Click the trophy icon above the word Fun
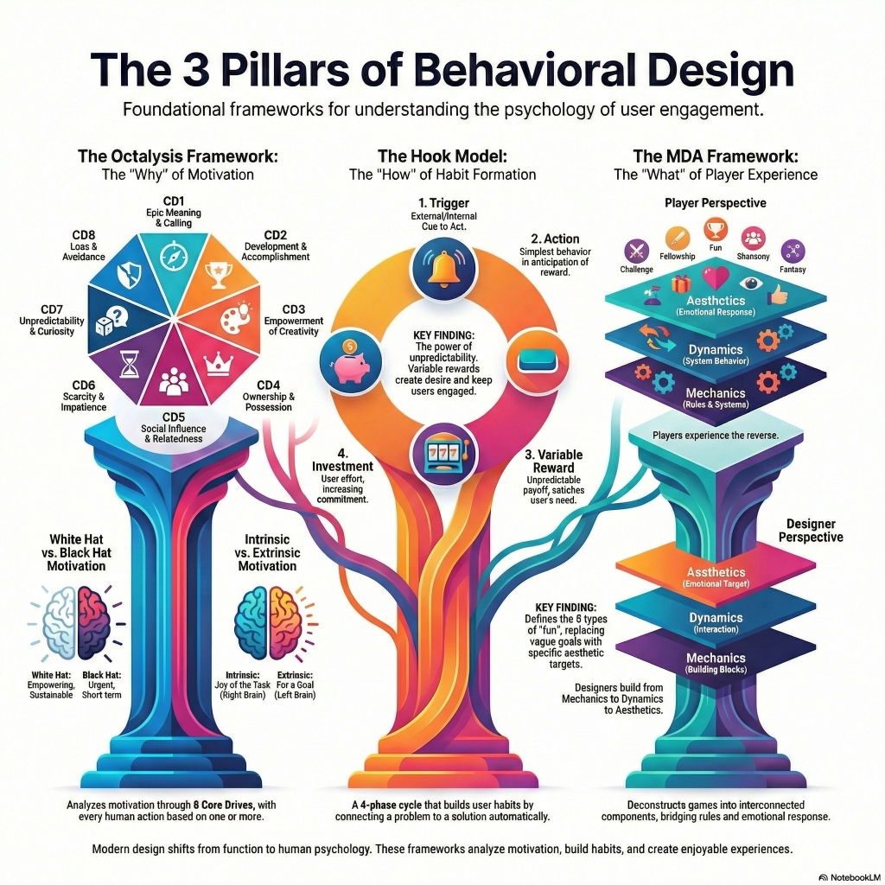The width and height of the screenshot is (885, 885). (716, 230)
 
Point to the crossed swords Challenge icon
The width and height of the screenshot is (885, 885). (637, 251)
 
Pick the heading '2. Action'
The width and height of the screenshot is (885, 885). (556, 239)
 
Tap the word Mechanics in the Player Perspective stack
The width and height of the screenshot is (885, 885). (716, 392)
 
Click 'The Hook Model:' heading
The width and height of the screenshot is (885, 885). (442, 156)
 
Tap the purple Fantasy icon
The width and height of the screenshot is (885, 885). (793, 251)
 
